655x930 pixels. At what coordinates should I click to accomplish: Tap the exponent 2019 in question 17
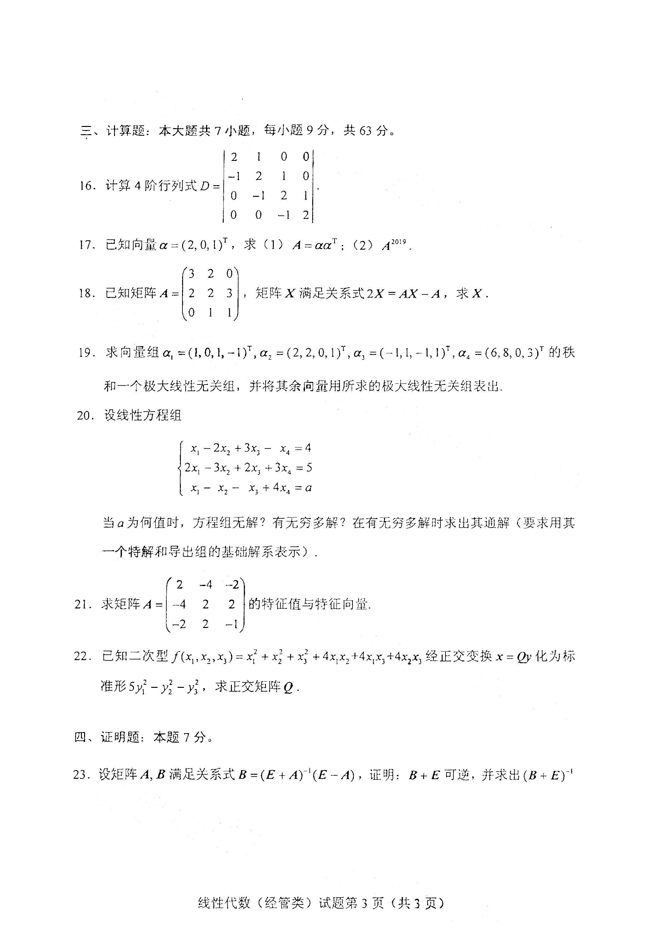399,242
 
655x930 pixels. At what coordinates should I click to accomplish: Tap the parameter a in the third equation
308,488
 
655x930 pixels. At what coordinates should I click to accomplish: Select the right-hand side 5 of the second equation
309,468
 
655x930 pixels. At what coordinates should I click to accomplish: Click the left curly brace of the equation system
181,468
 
